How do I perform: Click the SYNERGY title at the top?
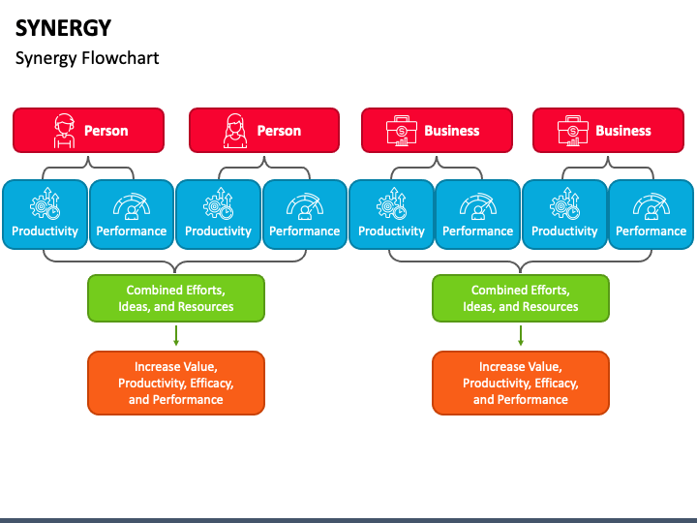pos(63,28)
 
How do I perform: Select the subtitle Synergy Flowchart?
pos(87,58)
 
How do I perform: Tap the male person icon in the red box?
pos(64,131)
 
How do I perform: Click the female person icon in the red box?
pos(234,131)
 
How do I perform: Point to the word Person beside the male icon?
pos(106,131)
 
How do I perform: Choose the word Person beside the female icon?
pos(279,131)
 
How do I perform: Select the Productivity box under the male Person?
pos(45,215)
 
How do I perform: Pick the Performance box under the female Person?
pos(304,215)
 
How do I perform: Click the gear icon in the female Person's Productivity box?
pos(218,205)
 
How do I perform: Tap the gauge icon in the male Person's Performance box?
pos(131,205)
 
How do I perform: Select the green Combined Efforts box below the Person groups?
pos(175,298)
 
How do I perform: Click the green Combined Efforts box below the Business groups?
pos(521,298)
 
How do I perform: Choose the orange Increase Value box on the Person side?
pos(175,383)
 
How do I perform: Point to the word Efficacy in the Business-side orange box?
pos(557,384)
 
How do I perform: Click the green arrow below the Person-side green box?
pos(176,336)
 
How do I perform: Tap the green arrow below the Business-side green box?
pos(521,336)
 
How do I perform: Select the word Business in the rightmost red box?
pos(622,131)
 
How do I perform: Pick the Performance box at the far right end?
pos(651,215)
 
